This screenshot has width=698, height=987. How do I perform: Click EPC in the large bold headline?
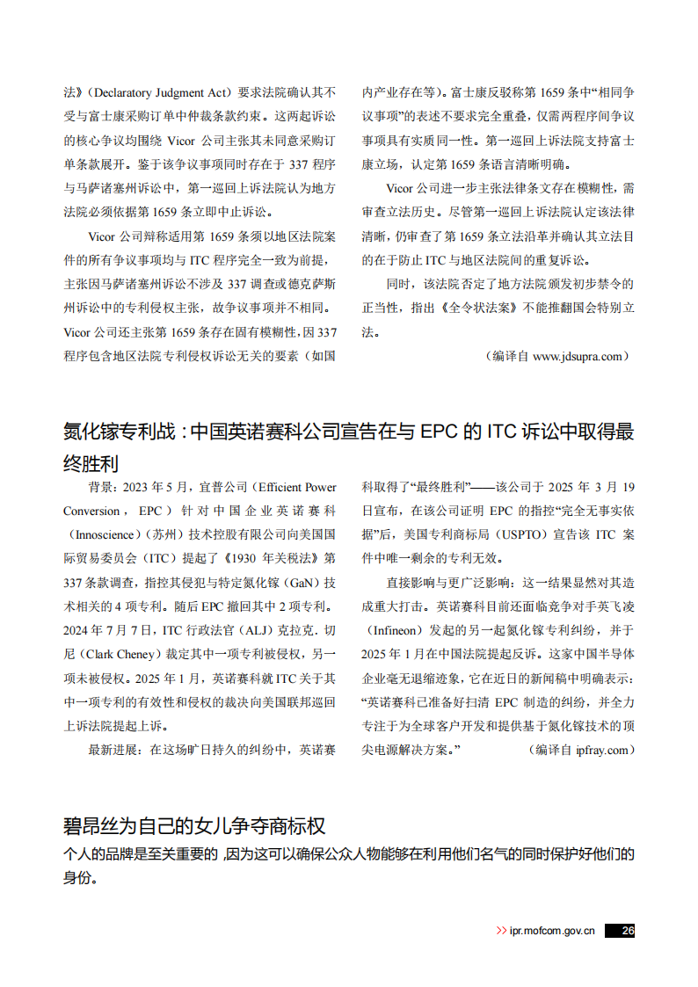(437, 432)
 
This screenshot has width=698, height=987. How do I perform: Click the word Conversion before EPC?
(92, 511)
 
